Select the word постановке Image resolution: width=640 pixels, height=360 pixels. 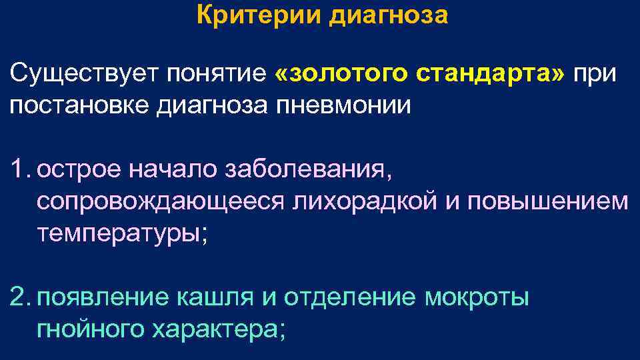click(81, 106)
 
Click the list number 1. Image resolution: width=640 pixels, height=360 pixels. click(21, 169)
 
